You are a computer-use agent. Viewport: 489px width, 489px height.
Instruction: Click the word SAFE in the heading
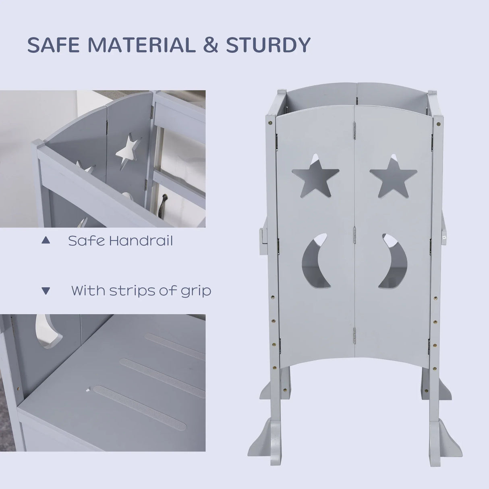[x=53, y=45]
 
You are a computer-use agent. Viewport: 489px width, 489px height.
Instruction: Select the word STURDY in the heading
[x=268, y=45]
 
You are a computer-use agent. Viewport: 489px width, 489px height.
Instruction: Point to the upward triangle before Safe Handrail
[x=46, y=240]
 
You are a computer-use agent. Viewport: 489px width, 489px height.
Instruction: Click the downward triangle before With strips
[x=46, y=290]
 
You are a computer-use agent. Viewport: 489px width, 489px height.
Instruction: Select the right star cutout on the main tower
[x=393, y=176]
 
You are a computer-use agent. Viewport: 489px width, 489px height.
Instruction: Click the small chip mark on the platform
[x=88, y=390]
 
